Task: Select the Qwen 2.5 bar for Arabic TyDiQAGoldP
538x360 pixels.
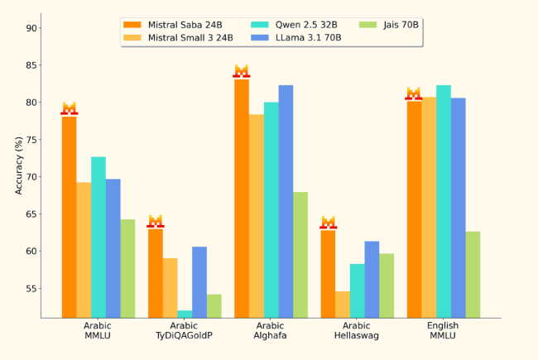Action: (x=185, y=314)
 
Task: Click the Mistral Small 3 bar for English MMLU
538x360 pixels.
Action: (x=429, y=207)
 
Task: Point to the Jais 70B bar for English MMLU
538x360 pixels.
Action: (x=473, y=274)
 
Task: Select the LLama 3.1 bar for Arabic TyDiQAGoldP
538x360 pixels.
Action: (x=199, y=282)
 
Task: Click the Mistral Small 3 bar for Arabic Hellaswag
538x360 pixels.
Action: (x=343, y=304)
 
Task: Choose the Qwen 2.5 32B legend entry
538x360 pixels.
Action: (x=297, y=25)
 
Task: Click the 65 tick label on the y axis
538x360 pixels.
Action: (x=31, y=214)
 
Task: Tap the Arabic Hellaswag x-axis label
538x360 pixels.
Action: (x=357, y=331)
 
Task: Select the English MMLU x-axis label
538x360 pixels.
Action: (x=443, y=331)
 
